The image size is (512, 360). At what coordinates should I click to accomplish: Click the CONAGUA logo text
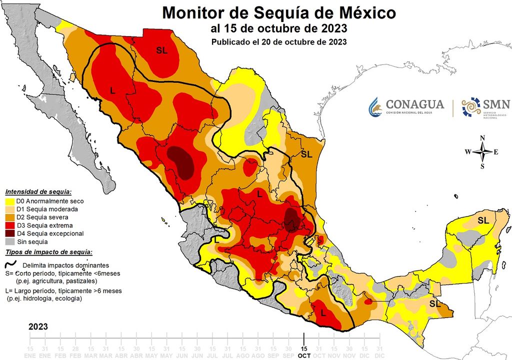coord(414,104)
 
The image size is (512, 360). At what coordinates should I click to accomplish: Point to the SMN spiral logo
coord(470,106)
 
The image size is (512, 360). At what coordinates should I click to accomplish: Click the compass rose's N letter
coord(482,138)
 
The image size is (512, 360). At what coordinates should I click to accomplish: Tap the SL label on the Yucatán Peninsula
coord(483,220)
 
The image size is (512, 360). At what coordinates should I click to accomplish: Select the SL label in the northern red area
coord(161,50)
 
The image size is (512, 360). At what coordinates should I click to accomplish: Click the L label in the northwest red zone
coord(112,90)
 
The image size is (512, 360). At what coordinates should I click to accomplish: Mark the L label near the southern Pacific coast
coord(323,313)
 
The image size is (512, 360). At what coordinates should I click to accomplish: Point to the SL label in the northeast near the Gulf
coord(306,154)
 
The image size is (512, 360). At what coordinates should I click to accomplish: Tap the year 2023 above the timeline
coord(38,326)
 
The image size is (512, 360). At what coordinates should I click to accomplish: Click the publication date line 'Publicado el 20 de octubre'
coord(279,42)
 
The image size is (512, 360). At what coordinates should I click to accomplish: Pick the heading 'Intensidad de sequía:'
coord(38,192)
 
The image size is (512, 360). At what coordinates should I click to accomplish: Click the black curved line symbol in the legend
coord(10,265)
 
